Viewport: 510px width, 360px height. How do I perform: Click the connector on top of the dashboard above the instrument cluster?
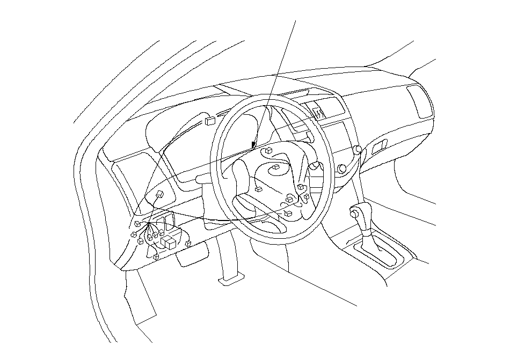pyautogui.click(x=210, y=120)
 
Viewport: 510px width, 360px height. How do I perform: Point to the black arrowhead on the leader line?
pyautogui.click(x=253, y=143)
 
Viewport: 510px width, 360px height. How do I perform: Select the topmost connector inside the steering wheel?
pyautogui.click(x=267, y=151)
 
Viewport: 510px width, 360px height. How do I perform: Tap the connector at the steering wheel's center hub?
pyautogui.click(x=275, y=168)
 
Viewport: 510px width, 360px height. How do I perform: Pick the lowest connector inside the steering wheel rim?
pyautogui.click(x=288, y=214)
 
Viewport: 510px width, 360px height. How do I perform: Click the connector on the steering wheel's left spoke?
pyautogui.click(x=258, y=189)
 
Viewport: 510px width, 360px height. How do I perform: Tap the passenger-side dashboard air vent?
pyautogui.click(x=419, y=101)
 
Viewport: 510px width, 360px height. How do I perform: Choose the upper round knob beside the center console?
pyautogui.click(x=358, y=149)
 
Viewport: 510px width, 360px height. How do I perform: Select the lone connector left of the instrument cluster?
pyautogui.click(x=160, y=194)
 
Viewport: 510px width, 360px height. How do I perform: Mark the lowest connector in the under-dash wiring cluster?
pyautogui.click(x=156, y=257)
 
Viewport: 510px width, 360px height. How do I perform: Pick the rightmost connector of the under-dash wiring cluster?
pyautogui.click(x=188, y=244)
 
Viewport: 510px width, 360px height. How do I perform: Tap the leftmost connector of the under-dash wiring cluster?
pyautogui.click(x=133, y=236)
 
